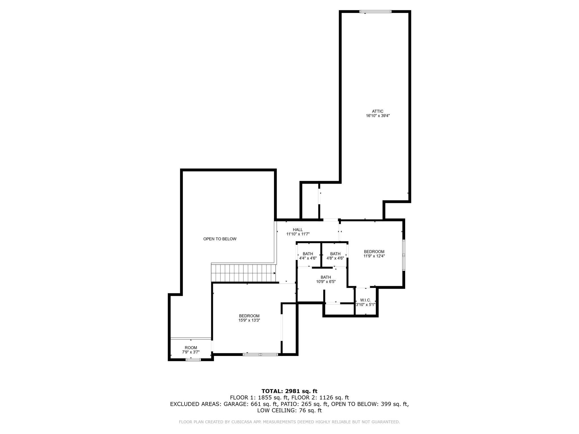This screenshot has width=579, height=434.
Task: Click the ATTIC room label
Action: pyautogui.click(x=377, y=111)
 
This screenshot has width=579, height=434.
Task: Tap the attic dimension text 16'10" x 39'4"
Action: pyautogui.click(x=378, y=116)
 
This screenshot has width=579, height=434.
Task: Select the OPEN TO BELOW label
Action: pyautogui.click(x=220, y=239)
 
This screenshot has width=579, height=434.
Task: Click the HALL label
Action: pyautogui.click(x=298, y=230)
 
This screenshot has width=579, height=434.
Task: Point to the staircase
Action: pyautogui.click(x=243, y=273)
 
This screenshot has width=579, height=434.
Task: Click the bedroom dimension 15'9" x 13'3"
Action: pyautogui.click(x=249, y=320)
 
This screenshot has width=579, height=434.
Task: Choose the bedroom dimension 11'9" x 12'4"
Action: pyautogui.click(x=374, y=256)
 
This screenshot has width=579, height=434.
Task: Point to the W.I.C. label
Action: pyautogui.click(x=366, y=300)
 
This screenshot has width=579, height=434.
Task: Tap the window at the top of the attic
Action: pyautogui.click(x=375, y=12)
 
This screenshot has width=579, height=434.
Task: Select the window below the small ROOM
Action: pyautogui.click(x=193, y=359)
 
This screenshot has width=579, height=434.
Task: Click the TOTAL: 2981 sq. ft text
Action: pyautogui.click(x=289, y=391)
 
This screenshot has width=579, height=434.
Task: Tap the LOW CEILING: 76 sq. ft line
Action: pyautogui.click(x=289, y=411)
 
